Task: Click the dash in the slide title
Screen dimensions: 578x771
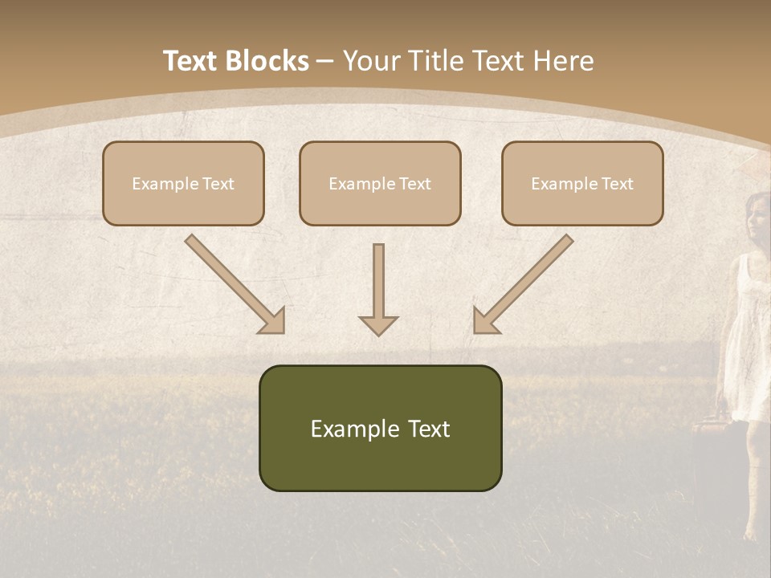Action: point(325,62)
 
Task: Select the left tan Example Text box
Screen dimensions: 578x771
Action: point(183,183)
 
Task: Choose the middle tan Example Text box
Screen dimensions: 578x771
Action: point(380,183)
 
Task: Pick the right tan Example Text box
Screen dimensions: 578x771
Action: point(582,183)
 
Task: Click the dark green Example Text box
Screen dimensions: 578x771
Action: point(380,428)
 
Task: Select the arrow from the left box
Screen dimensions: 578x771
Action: point(233,282)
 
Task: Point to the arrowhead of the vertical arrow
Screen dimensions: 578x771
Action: point(378,324)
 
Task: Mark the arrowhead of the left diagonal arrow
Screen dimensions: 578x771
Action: point(274,321)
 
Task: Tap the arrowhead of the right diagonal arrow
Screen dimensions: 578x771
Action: point(484,321)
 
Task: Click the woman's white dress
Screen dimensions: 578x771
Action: point(745,345)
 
